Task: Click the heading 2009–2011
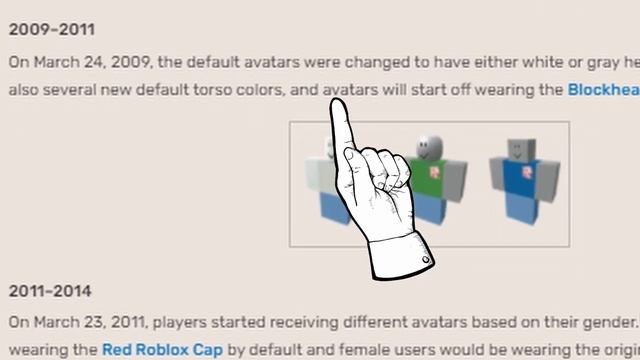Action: [51, 29]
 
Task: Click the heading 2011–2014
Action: [50, 291]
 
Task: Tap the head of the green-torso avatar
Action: [428, 146]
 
